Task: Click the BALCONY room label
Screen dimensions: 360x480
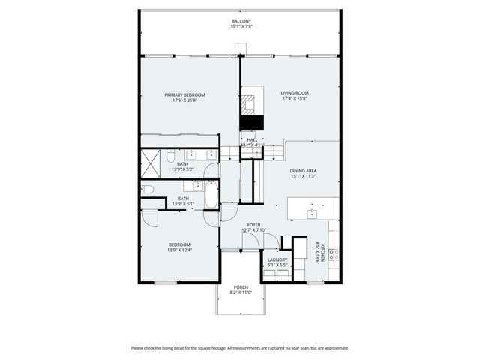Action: [241, 21]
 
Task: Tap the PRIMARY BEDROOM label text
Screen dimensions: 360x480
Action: [185, 95]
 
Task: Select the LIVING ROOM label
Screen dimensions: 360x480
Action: [295, 93]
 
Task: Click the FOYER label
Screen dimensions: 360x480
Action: [254, 224]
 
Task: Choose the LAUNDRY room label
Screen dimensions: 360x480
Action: [277, 259]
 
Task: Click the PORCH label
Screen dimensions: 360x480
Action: [241, 287]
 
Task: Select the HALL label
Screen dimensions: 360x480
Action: [252, 139]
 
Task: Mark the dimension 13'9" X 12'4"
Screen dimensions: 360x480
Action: [179, 250]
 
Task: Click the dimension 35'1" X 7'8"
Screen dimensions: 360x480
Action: [241, 27]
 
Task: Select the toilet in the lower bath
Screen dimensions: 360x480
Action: [148, 190]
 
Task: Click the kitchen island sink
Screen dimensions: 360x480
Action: [312, 213]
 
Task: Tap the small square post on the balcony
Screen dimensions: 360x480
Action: [240, 49]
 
